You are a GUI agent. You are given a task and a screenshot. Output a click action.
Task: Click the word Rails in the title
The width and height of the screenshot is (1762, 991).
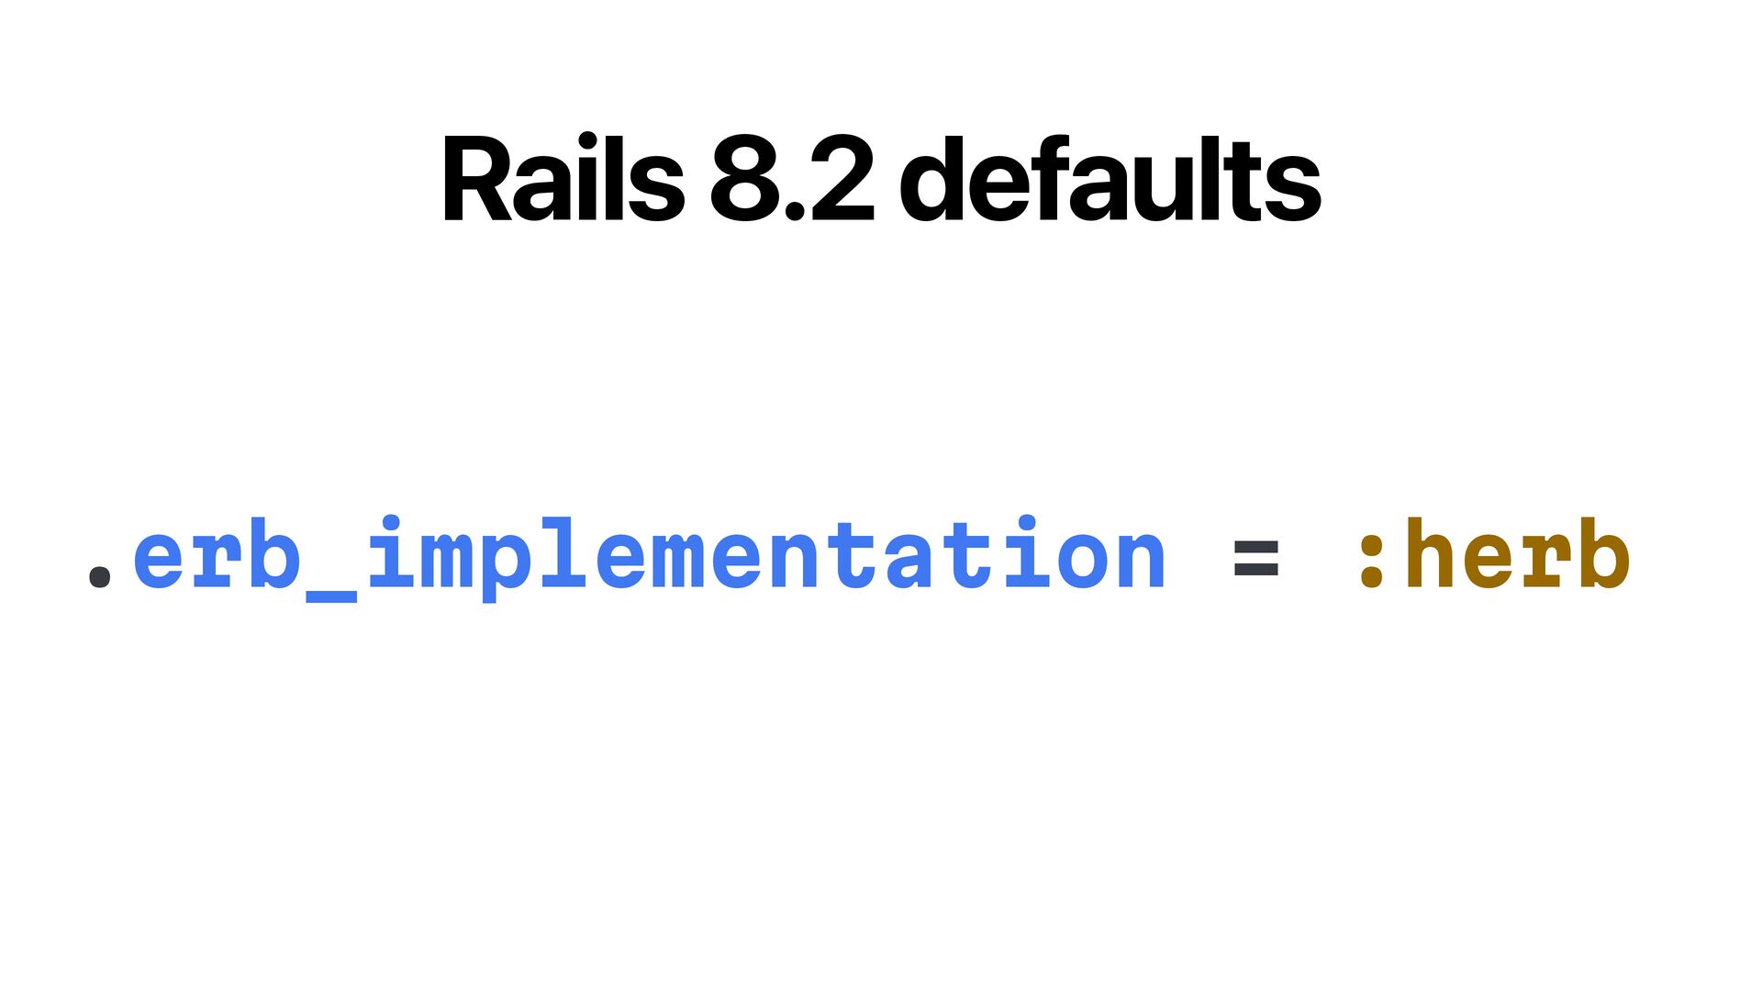[563, 179]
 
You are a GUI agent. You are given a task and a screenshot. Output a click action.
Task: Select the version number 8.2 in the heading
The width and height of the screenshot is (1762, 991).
[792, 179]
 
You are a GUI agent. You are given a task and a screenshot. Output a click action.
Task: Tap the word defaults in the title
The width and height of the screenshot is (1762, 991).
[1110, 179]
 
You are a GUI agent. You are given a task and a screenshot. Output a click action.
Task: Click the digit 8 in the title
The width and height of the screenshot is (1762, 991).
[746, 180]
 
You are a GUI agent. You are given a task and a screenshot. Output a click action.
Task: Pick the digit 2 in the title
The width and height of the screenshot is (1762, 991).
[841, 179]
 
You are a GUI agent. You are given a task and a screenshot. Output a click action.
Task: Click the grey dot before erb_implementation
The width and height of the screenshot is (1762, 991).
[99, 574]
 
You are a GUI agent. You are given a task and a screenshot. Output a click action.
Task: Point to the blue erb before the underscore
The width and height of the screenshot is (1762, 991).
[217, 554]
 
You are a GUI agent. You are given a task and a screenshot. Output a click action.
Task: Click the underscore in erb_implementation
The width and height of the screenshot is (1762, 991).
[330, 596]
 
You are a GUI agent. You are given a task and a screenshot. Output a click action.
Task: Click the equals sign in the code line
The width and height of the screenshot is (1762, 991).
[1256, 558]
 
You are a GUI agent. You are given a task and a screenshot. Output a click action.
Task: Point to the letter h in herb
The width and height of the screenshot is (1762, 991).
[1432, 551]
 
